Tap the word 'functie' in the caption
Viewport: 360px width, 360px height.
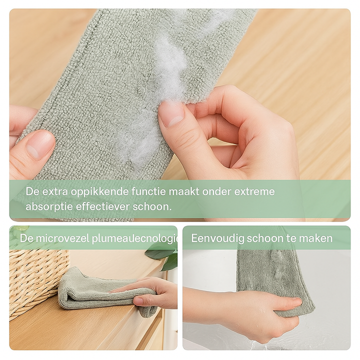[148, 191]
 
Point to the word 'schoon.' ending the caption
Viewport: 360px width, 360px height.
[152, 206]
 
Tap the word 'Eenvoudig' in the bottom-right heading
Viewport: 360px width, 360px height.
[217, 238]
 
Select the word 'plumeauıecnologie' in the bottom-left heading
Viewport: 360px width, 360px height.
[134, 238]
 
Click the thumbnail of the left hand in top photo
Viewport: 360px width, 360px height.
[40, 144]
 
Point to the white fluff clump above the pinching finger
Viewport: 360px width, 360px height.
[170, 69]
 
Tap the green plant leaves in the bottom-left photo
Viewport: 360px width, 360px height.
[163, 254]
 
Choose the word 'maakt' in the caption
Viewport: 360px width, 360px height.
[184, 191]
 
